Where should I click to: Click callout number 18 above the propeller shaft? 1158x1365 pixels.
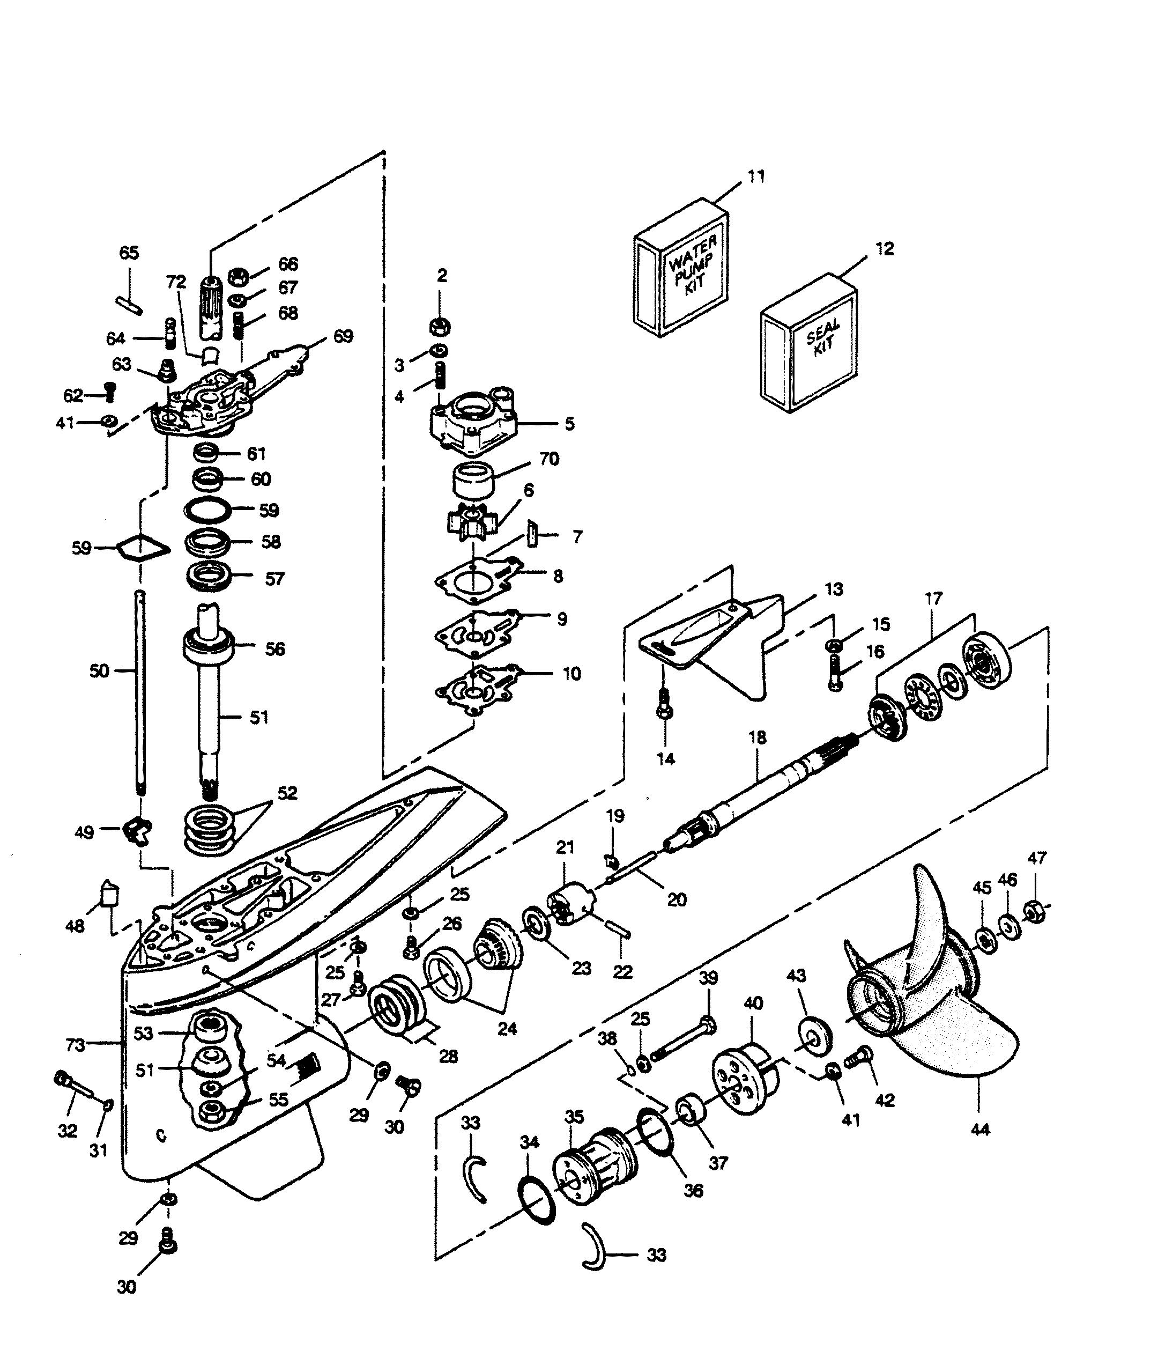pos(757,738)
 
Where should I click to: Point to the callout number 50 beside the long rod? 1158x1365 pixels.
pos(100,672)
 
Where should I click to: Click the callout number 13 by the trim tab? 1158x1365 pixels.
pos(833,589)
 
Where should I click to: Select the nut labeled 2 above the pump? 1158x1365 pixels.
pos(439,326)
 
